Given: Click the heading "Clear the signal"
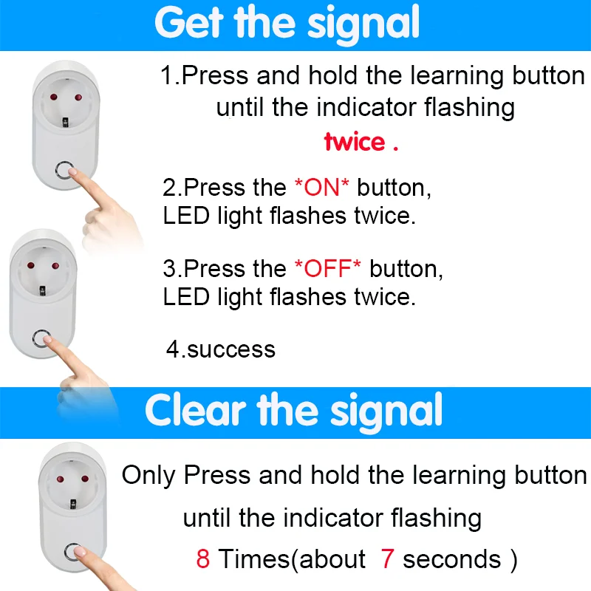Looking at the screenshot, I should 293,411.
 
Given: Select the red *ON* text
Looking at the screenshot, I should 321,188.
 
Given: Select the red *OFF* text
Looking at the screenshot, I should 327,268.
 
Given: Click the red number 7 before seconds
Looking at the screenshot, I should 388,559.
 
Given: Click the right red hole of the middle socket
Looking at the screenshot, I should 52,265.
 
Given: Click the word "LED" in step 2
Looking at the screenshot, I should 180,216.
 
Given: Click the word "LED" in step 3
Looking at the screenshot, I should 180,297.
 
